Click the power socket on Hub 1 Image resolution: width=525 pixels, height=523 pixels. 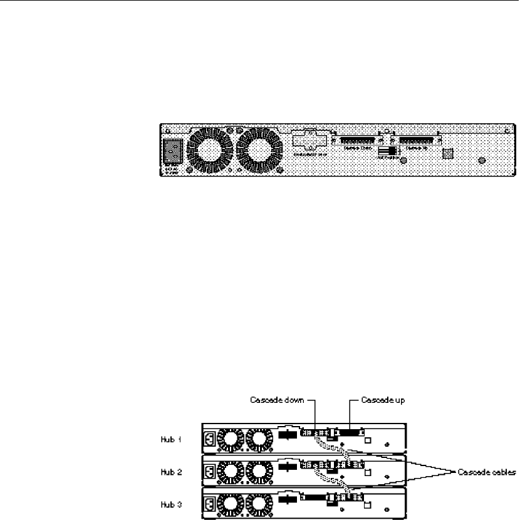pyautogui.click(x=208, y=439)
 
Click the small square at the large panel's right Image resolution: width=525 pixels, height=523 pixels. pyautogui.click(x=447, y=153)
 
